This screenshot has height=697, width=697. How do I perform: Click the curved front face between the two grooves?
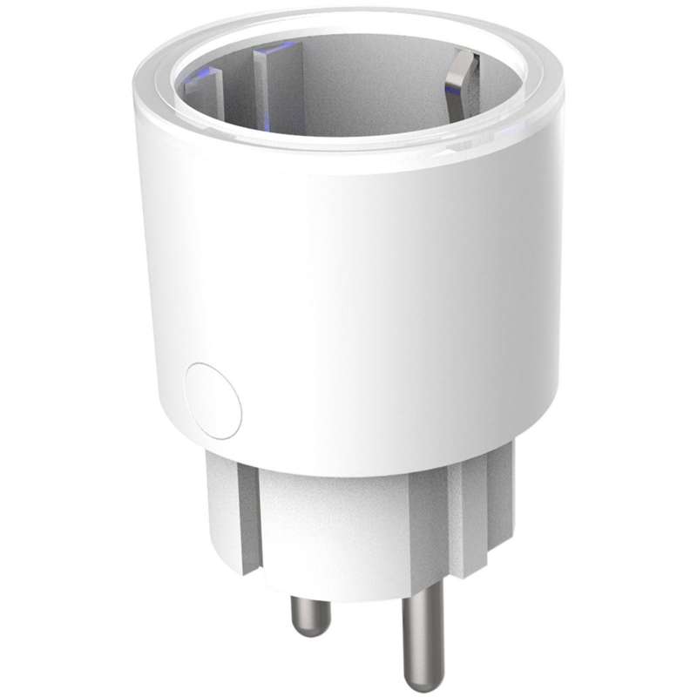pos(357,523)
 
